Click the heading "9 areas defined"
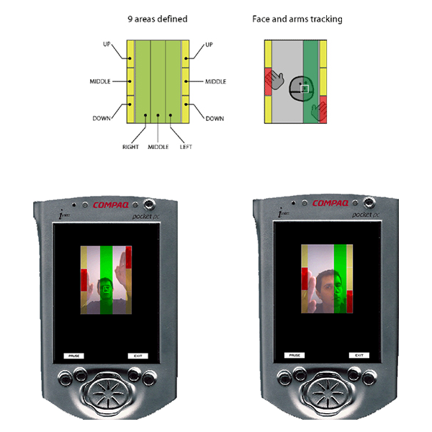(157, 19)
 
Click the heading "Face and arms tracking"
(297, 19)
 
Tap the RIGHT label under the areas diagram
(130, 147)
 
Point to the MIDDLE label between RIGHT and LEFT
(158, 147)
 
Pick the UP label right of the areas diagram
(210, 45)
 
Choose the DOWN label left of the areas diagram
(102, 118)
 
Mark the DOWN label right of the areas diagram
(215, 118)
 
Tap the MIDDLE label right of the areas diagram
(215, 81)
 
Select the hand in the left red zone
(274, 78)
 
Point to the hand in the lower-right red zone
(318, 109)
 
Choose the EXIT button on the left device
(137, 356)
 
